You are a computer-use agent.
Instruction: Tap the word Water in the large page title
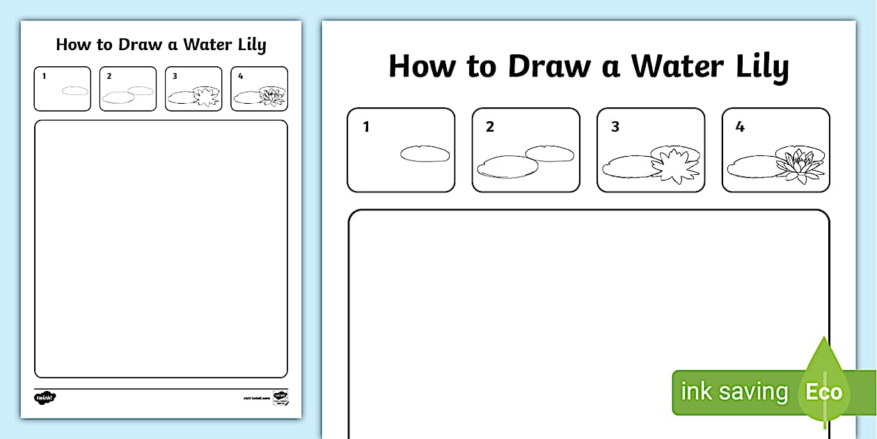[677, 66]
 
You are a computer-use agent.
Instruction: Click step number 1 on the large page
[366, 127]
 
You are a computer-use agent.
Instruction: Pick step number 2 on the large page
[490, 127]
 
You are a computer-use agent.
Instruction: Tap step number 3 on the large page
[615, 127]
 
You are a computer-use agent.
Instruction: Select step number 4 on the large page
[740, 127]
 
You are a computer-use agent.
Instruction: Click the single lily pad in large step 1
[425, 154]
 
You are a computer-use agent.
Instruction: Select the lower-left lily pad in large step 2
[507, 167]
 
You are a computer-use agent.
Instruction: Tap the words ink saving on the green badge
[734, 392]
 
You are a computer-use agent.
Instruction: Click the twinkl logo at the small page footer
[45, 397]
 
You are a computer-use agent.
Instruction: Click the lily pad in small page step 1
[75, 91]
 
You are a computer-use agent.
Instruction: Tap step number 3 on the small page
[175, 76]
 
